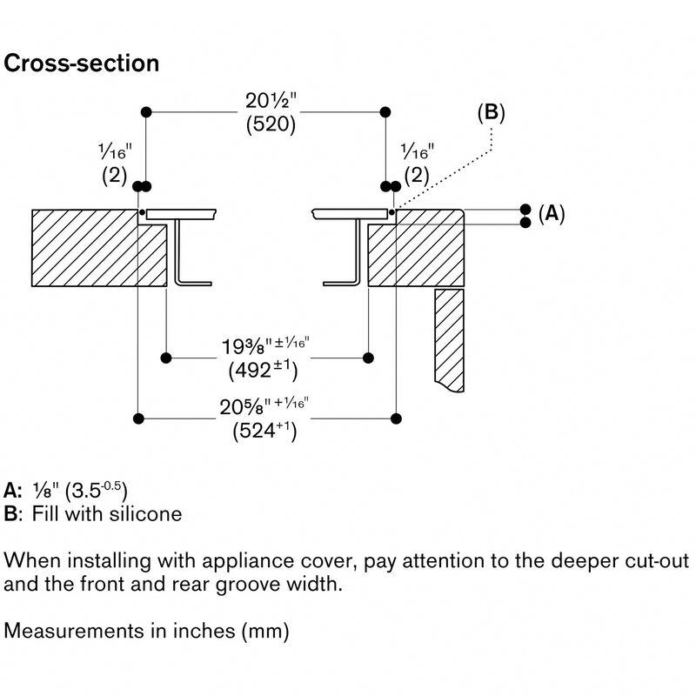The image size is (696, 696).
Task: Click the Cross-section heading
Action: [83, 64]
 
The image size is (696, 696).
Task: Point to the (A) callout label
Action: [550, 213]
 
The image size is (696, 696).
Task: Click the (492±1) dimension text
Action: [263, 370]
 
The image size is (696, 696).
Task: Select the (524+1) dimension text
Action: [264, 431]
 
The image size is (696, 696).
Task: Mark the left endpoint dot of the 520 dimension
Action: [146, 112]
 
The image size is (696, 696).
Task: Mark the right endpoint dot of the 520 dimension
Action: [385, 112]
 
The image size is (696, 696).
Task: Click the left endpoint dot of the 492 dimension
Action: [166, 358]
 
